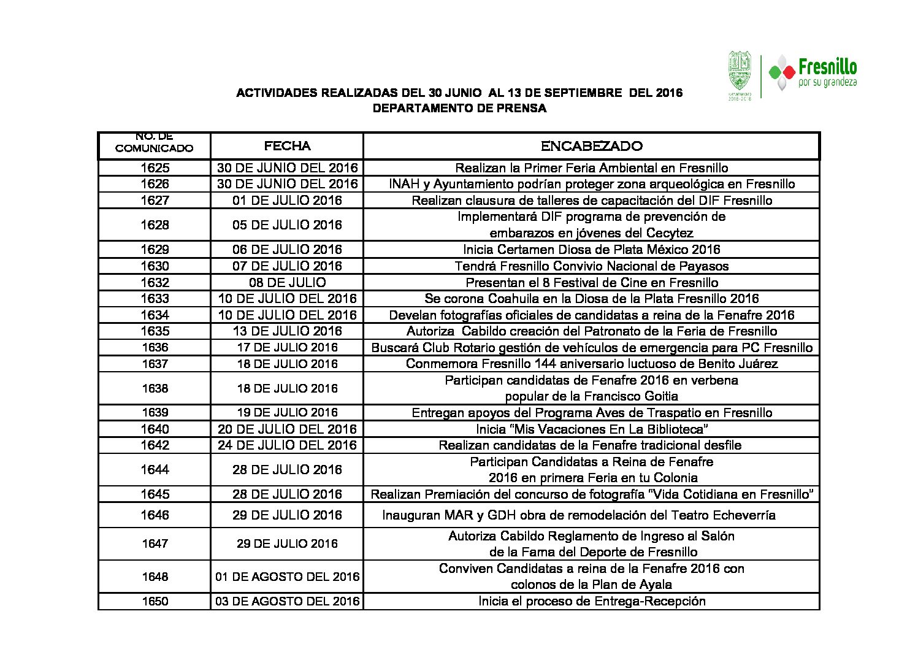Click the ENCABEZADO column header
click(591, 146)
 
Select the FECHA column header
click(287, 146)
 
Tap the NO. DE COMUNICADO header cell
click(155, 143)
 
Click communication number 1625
click(155, 168)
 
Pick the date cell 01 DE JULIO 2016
click(287, 201)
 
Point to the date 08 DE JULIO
click(287, 283)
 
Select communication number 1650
click(155, 601)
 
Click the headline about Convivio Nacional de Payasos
click(591, 266)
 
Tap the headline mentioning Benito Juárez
click(591, 364)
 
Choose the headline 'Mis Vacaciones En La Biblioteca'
click(591, 429)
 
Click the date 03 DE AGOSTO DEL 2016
click(287, 601)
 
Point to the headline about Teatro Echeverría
click(578, 515)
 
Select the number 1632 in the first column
click(155, 283)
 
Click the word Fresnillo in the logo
click(827, 67)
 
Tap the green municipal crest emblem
click(739, 72)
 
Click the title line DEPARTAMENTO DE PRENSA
click(459, 109)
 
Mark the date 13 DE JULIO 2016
click(287, 331)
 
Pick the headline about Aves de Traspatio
click(591, 413)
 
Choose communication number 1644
click(155, 470)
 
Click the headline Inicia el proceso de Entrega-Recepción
click(591, 601)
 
